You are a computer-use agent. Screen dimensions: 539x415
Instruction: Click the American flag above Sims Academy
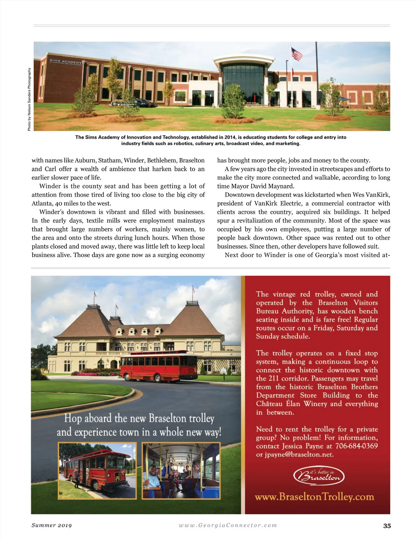(296, 54)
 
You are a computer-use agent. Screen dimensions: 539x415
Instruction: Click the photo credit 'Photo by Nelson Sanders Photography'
(29, 99)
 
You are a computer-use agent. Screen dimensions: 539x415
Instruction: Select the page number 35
(387, 526)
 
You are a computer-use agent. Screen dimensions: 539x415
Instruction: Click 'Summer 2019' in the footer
(52, 525)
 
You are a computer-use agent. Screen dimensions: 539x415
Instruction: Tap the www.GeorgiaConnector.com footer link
(228, 525)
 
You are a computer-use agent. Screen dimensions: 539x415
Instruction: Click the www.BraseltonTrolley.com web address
(314, 497)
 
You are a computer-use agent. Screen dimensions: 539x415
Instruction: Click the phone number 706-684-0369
(357, 446)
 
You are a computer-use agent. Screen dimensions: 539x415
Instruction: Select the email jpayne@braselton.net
(295, 455)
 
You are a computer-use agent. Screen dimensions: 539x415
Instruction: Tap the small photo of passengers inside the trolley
(181, 471)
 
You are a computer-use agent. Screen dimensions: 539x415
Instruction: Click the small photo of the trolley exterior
(98, 471)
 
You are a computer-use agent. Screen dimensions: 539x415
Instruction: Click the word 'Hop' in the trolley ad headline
(73, 418)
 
